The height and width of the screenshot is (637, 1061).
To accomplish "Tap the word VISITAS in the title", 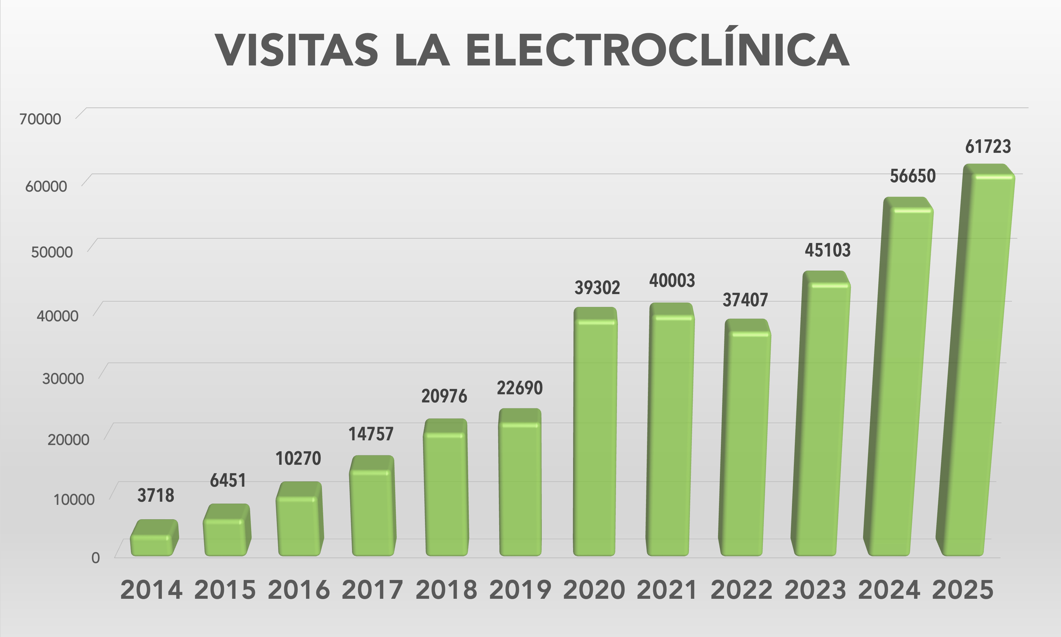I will [x=297, y=50].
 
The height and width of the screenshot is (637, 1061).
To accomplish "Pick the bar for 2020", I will [x=595, y=438].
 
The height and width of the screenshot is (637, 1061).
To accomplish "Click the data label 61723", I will [x=988, y=147].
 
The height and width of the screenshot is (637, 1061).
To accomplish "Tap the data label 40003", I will [x=672, y=281].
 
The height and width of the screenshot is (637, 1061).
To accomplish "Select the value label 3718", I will [x=155, y=496].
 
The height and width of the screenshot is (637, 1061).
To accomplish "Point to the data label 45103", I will [x=827, y=250].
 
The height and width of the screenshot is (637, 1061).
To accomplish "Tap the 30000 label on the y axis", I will [x=63, y=379].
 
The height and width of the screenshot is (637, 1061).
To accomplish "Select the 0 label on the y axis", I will [x=95, y=558].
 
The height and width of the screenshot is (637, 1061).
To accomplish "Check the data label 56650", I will [x=913, y=176].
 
